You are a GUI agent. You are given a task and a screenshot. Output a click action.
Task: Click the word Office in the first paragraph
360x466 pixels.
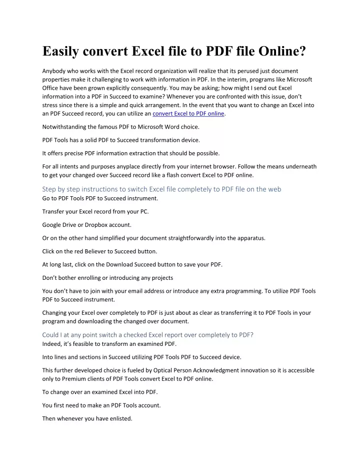click(50, 88)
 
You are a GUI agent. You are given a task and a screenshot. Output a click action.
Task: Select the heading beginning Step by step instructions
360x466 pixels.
click(161, 189)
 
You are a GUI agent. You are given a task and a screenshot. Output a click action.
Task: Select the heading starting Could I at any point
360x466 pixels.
click(147, 335)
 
